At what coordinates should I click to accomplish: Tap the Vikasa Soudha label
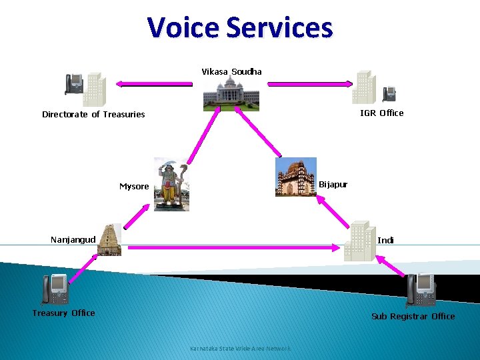tap(231, 71)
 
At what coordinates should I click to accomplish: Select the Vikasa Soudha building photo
tap(231, 94)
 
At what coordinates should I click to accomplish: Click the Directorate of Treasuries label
tap(93, 114)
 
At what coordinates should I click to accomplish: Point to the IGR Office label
tap(381, 113)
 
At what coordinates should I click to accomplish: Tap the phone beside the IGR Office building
tap(389, 94)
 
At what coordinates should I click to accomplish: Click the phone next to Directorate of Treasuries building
tap(73, 84)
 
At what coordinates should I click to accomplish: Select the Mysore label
tap(134, 187)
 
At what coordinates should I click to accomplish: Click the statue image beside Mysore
tap(171, 185)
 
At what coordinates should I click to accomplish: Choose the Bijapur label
tap(333, 184)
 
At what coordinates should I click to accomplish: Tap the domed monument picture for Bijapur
tap(295, 178)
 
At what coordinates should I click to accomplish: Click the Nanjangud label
tap(73, 239)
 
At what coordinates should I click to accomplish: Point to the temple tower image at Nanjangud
tap(109, 240)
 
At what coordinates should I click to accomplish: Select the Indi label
tap(385, 240)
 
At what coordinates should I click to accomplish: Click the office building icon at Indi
tap(358, 240)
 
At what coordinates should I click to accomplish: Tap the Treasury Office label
tap(64, 313)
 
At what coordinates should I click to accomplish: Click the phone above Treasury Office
tap(55, 289)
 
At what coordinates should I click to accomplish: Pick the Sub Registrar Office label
tap(413, 316)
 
